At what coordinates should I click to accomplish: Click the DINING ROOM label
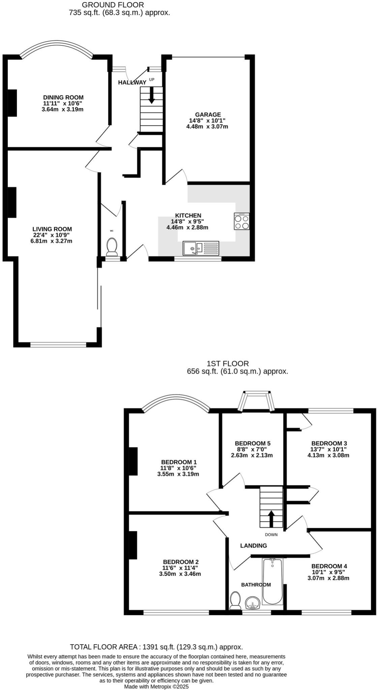click(x=63, y=98)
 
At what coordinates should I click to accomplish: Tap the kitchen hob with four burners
click(x=242, y=221)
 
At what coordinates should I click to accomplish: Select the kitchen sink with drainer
click(x=201, y=248)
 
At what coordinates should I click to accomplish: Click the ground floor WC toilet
click(x=112, y=247)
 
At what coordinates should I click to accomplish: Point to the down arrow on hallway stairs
click(x=151, y=95)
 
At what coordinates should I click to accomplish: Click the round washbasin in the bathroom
click(x=252, y=602)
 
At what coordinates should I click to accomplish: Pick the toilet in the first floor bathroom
click(x=235, y=601)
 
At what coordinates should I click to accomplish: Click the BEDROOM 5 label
click(x=253, y=443)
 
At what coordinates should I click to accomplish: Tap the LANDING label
click(x=253, y=545)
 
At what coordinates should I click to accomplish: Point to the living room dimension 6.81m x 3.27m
click(x=51, y=241)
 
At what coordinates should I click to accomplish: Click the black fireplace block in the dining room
click(x=12, y=103)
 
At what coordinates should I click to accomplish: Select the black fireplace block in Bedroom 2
click(x=133, y=545)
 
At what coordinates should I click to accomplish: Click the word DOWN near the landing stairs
click(x=271, y=535)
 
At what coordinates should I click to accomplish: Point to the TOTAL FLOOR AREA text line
click(x=156, y=647)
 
